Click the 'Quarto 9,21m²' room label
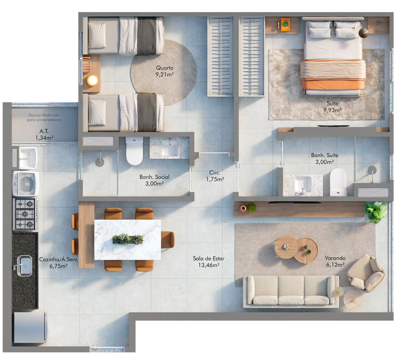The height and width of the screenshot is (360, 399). [x=165, y=71]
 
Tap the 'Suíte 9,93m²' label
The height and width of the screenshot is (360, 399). [x=332, y=107]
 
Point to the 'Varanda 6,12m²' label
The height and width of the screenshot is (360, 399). [x=335, y=261]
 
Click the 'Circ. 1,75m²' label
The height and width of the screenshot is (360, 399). [x=215, y=176]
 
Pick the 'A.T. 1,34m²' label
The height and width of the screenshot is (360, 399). [x=44, y=135]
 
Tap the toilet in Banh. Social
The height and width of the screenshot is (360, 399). [x=134, y=151]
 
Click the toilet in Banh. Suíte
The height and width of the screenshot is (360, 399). [x=338, y=182]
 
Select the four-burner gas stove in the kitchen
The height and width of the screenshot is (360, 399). [x=25, y=214]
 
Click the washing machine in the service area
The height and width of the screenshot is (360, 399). [x=25, y=184]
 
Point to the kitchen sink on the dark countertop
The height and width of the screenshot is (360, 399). [x=25, y=266]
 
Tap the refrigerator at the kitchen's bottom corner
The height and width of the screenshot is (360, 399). [x=30, y=328]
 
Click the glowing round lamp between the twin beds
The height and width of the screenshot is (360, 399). [x=92, y=80]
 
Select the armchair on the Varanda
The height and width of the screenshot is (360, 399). [x=366, y=273]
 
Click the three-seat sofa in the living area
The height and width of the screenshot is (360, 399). [x=291, y=291]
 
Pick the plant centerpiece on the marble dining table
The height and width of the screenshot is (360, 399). [x=128, y=239]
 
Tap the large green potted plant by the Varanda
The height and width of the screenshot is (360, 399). [x=376, y=212]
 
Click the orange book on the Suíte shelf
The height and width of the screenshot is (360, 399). [x=285, y=25]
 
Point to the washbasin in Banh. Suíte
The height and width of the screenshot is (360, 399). [x=302, y=184]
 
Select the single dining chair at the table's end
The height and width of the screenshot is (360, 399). [x=168, y=240]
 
